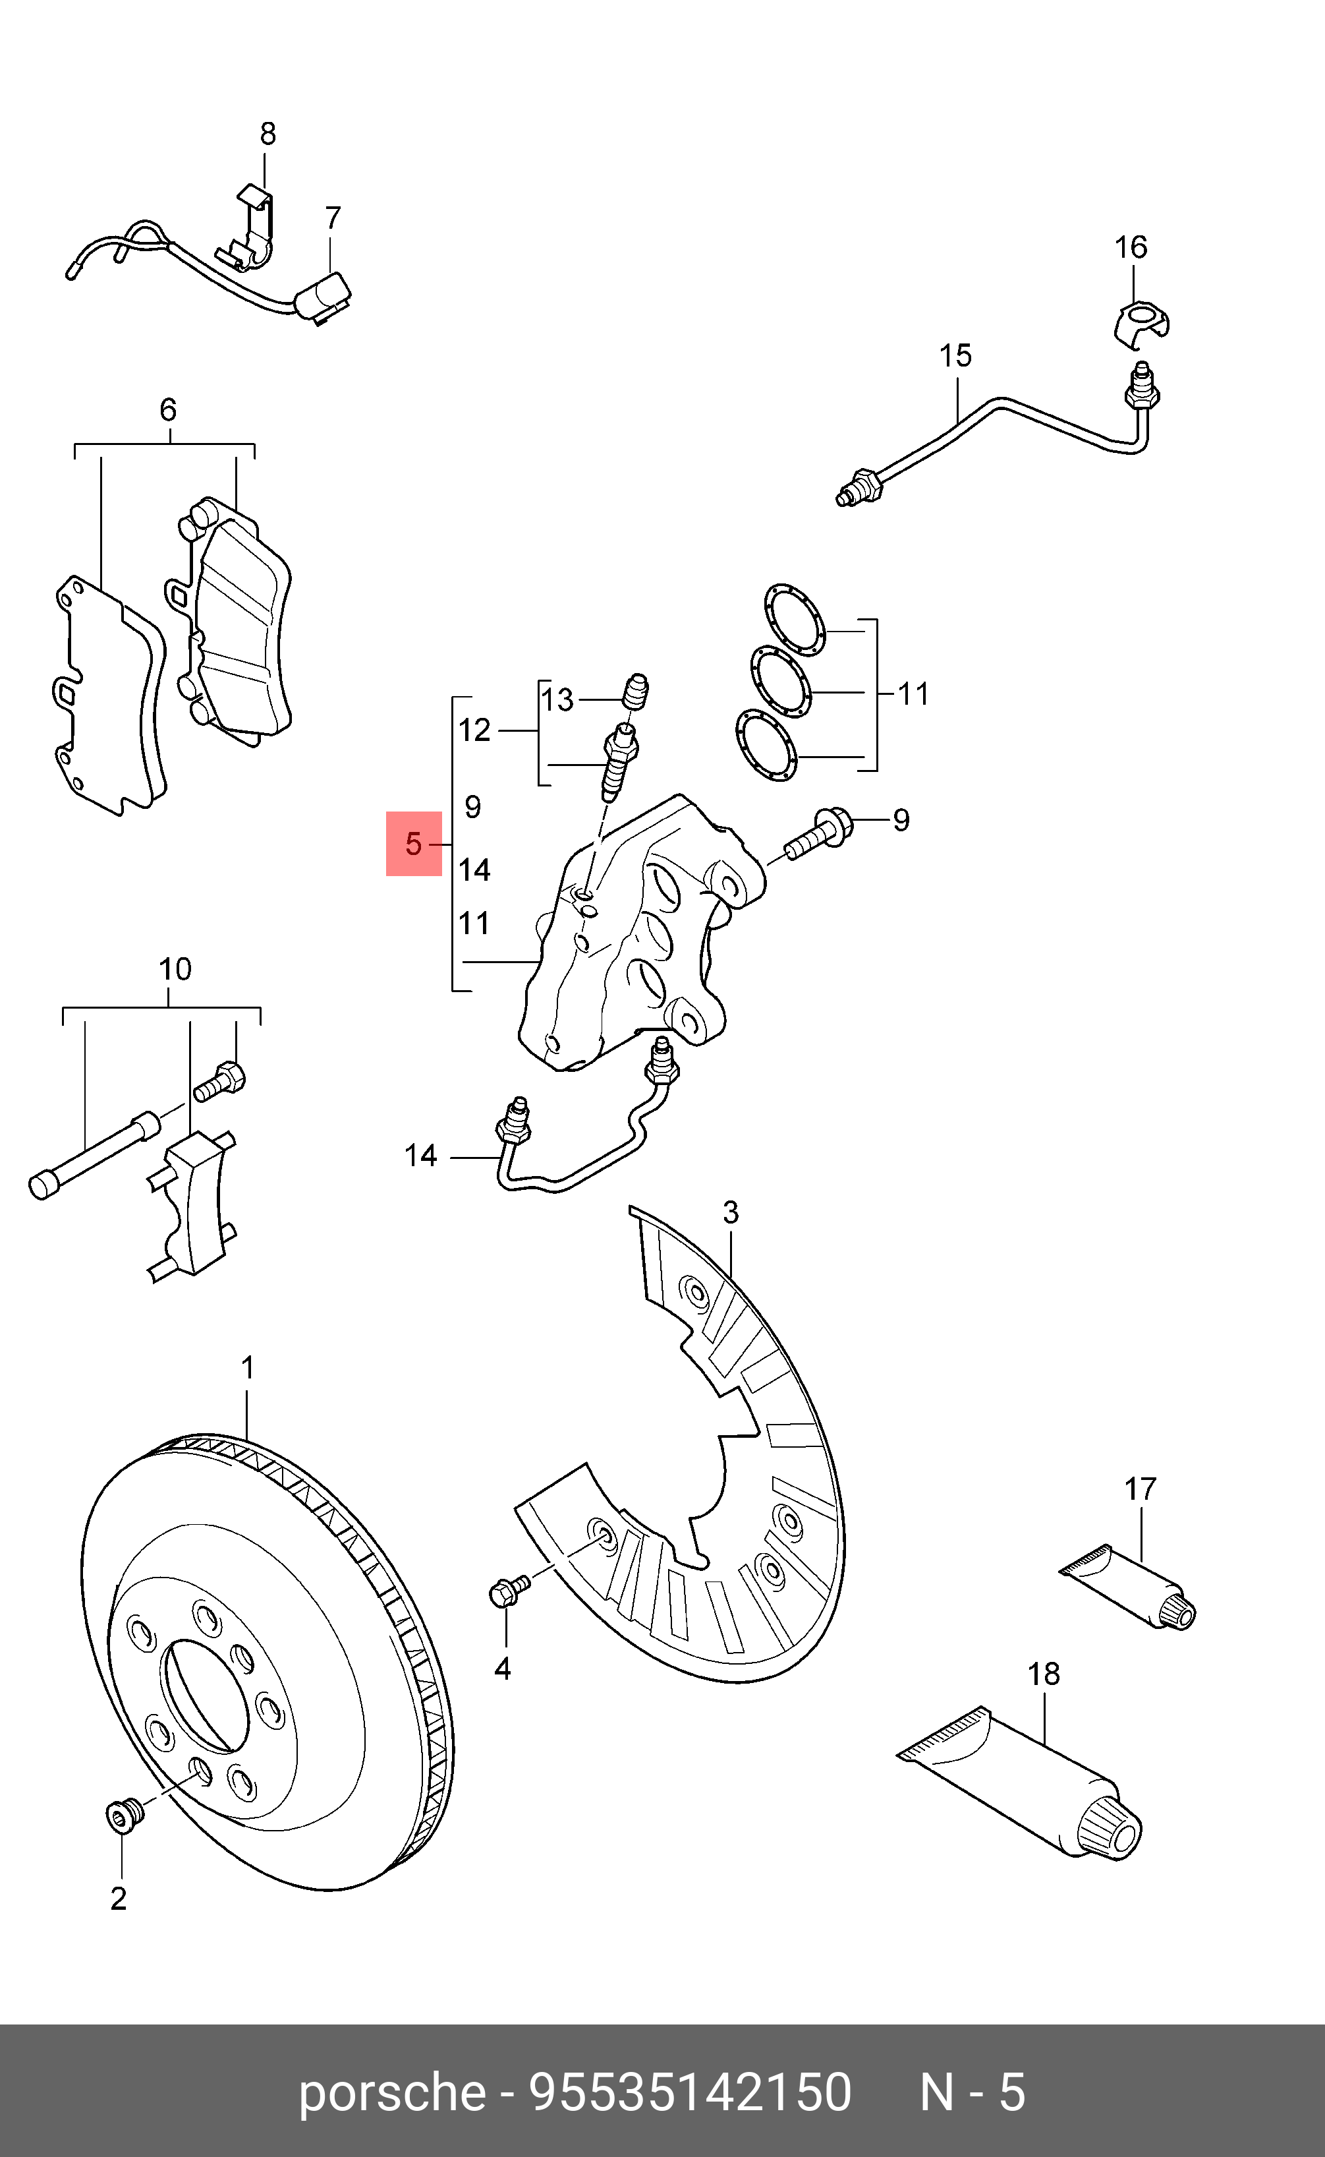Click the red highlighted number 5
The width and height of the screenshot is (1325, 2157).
[414, 844]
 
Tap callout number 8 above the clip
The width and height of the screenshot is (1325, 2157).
[268, 134]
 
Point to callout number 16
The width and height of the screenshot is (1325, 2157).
[1131, 247]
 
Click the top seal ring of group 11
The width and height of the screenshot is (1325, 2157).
[794, 620]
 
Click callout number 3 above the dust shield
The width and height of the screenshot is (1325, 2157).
[730, 1214]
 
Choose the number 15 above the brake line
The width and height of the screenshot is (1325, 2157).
[955, 356]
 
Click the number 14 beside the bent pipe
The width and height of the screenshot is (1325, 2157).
[420, 1156]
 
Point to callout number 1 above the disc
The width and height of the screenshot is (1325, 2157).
[247, 1368]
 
